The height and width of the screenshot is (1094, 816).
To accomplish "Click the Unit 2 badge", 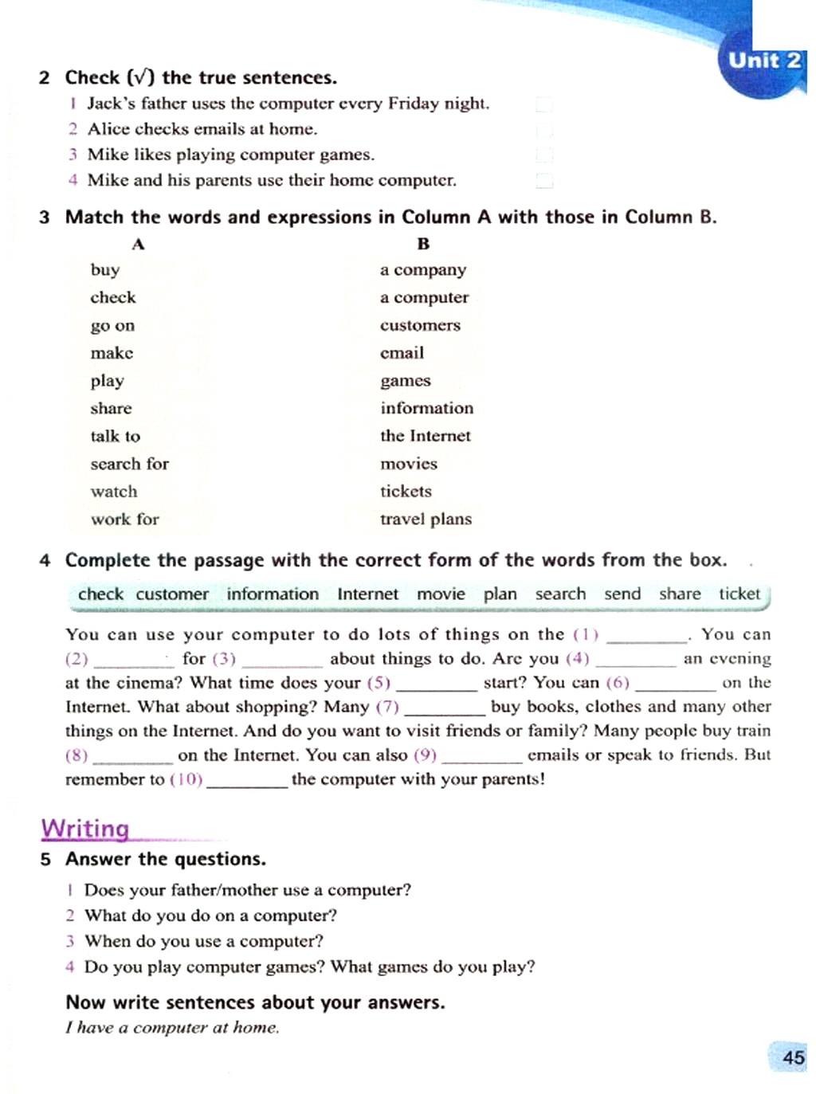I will (x=763, y=61).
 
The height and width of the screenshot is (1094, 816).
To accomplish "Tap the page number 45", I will (x=793, y=1057).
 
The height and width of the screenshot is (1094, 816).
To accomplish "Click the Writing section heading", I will (x=85, y=829).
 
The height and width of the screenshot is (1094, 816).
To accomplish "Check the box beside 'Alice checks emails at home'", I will (x=544, y=130).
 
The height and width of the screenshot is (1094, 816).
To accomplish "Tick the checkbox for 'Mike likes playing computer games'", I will (x=544, y=155).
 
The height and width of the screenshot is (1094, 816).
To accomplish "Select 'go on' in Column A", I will (x=112, y=326).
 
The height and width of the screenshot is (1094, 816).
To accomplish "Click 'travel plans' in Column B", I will (x=426, y=520).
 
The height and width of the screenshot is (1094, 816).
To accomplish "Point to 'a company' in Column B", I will (x=423, y=270).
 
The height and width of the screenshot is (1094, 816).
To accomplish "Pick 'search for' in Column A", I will (x=129, y=464).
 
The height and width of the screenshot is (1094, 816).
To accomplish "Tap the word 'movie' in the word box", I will (x=441, y=594).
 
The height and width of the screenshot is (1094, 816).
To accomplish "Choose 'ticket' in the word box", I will (x=739, y=594).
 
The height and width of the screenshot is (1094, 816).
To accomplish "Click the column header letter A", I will (x=138, y=244).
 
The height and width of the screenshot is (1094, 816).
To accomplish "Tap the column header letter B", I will (x=423, y=244).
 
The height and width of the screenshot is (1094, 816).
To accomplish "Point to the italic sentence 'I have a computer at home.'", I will (x=172, y=1028).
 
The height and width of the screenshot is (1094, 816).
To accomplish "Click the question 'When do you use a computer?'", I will (x=204, y=941).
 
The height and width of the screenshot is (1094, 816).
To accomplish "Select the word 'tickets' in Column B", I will (x=406, y=492).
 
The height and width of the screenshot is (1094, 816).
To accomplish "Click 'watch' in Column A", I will (x=114, y=492).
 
